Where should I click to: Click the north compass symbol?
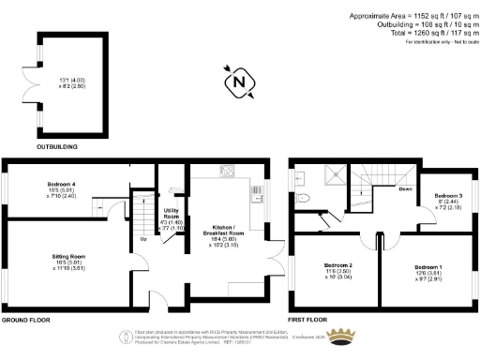pos(239,82)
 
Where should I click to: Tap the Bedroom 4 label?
pos(61,184)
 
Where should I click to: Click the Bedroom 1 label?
pos(427,267)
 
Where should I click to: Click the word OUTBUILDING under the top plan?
pos(58,147)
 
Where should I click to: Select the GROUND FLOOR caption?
pos(25,321)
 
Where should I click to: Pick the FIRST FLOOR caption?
pos(310,321)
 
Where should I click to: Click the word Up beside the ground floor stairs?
pos(142,238)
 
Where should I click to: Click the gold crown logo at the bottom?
pos(346,336)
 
